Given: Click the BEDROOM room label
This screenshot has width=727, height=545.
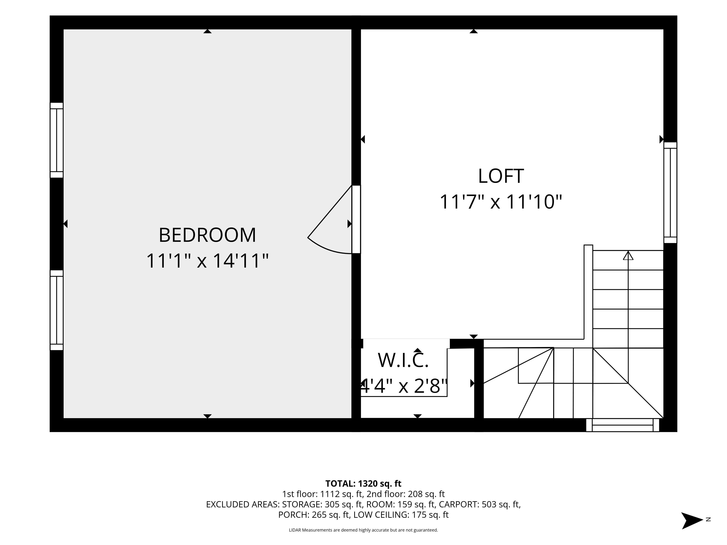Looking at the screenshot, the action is tap(207, 235).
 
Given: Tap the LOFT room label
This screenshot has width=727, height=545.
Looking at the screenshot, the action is tap(501, 176).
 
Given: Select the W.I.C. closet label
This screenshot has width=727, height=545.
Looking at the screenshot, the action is tap(403, 360).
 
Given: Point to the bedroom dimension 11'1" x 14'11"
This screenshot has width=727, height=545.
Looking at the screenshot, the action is tap(207, 261).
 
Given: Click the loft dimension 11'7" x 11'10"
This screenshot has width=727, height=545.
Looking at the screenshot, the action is tap(501, 202).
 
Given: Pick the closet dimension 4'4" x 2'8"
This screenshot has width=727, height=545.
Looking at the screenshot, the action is tap(404, 386).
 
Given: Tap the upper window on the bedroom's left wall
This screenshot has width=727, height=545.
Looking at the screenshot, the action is tap(57, 140).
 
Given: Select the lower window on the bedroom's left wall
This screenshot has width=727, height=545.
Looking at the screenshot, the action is tap(57, 310).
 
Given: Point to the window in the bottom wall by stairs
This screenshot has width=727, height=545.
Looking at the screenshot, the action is tap(622, 425).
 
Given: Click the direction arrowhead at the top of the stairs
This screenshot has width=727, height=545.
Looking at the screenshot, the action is tap(628, 256).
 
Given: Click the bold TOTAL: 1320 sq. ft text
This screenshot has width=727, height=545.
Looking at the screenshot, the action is tap(363, 483).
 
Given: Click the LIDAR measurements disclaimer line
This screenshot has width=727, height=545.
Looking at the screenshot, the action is tap(363, 530).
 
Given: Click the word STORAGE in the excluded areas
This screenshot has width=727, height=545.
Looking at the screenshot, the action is tap(302, 504).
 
